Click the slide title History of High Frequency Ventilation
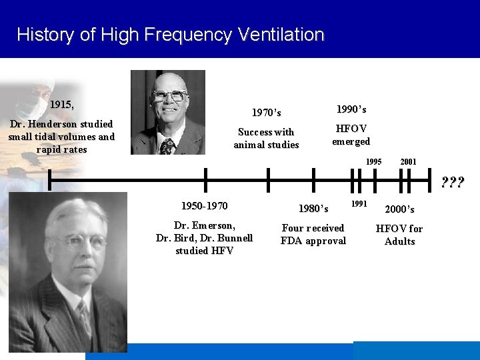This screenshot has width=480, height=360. tap(171, 35)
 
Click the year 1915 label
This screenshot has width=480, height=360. tap(62, 105)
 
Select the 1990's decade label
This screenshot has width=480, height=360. tap(351, 109)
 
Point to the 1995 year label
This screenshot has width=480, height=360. tap(373, 161)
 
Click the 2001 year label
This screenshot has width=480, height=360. tap(408, 161)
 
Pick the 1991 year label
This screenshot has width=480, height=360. tap(359, 203)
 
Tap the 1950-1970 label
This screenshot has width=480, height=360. tap(205, 206)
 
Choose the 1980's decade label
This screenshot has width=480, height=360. tap(313, 209)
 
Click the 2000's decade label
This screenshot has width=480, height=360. tap(399, 209)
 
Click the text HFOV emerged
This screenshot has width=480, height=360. tap(351, 135)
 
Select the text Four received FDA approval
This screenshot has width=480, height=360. tap(313, 235)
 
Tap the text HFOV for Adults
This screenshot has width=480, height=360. tap(399, 235)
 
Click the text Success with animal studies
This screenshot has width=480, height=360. tap(266, 138)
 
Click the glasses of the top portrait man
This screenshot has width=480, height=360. tap(169, 96)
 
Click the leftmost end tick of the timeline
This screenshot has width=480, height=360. tap(49, 180)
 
